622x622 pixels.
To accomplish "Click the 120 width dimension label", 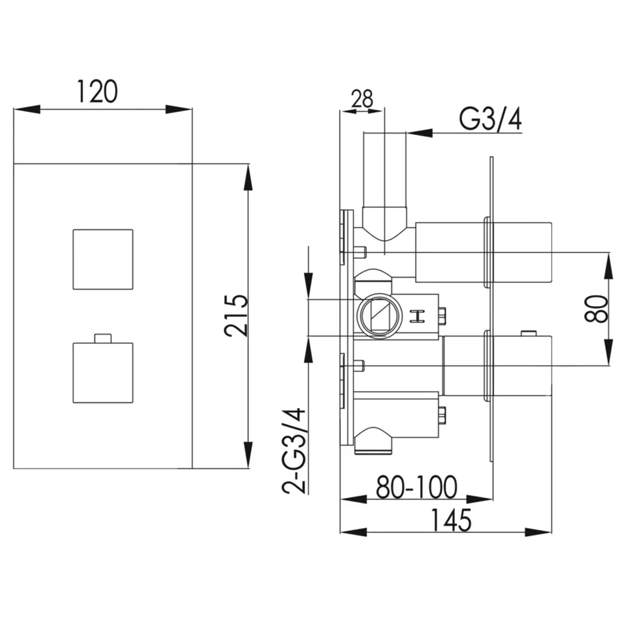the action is pyautogui.click(x=97, y=91).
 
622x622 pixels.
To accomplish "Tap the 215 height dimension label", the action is pyautogui.click(x=236, y=316).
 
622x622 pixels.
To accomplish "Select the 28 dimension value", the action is pyautogui.click(x=362, y=99).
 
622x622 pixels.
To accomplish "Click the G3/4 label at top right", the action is pyautogui.click(x=490, y=119).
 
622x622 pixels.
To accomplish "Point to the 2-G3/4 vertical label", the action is pyautogui.click(x=295, y=450).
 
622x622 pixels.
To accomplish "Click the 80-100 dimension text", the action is pyautogui.click(x=417, y=487).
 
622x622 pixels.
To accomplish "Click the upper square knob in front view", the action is pyautogui.click(x=103, y=259).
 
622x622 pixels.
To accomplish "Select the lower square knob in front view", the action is pyautogui.click(x=103, y=373).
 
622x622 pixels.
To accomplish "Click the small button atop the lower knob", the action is pyautogui.click(x=103, y=338).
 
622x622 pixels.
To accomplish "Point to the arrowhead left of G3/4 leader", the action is pyautogui.click(x=419, y=133).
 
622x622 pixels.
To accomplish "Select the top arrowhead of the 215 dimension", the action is pyautogui.click(x=248, y=178).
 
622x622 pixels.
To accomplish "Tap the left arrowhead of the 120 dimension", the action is pyautogui.click(x=27, y=109).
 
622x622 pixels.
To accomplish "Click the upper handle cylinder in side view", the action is pyautogui.click(x=483, y=253).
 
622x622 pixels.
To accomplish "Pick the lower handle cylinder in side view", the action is pyautogui.click(x=497, y=365).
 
